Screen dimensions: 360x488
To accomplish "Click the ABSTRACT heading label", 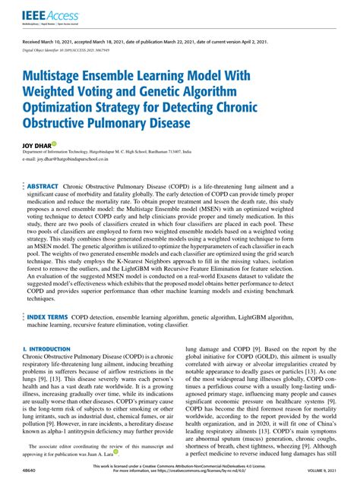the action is coord(43,186).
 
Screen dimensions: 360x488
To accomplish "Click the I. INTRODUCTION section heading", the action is coord(47,349).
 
